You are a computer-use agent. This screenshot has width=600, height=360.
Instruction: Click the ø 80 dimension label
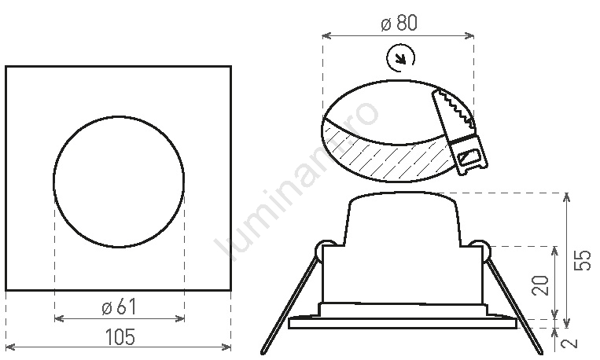click(399, 23)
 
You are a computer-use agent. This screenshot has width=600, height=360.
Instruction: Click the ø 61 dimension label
click(120, 307)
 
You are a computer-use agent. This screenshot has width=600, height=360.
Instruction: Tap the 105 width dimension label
click(120, 337)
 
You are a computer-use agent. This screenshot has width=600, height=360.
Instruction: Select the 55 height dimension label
click(583, 260)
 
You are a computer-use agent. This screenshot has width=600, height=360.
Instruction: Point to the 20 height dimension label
click(540, 285)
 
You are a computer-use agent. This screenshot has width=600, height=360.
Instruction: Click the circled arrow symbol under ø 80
click(400, 58)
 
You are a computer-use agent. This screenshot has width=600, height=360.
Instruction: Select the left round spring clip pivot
click(325, 249)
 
